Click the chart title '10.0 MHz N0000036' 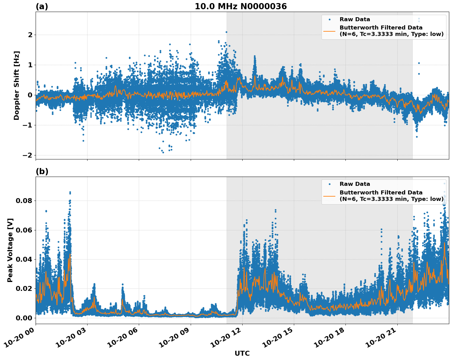[240, 6]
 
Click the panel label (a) [42, 6]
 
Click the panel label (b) [42, 171]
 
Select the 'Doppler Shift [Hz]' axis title [17, 85]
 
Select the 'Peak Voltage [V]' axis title [10, 250]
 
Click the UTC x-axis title [242, 353]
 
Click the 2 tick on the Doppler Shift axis [30, 35]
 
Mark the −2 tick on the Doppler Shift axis [28, 155]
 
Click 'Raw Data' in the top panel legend [355, 19]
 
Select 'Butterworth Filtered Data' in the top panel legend [381, 28]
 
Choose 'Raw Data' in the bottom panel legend [355, 184]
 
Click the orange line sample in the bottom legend [329, 196]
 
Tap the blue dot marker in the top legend [329, 19]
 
